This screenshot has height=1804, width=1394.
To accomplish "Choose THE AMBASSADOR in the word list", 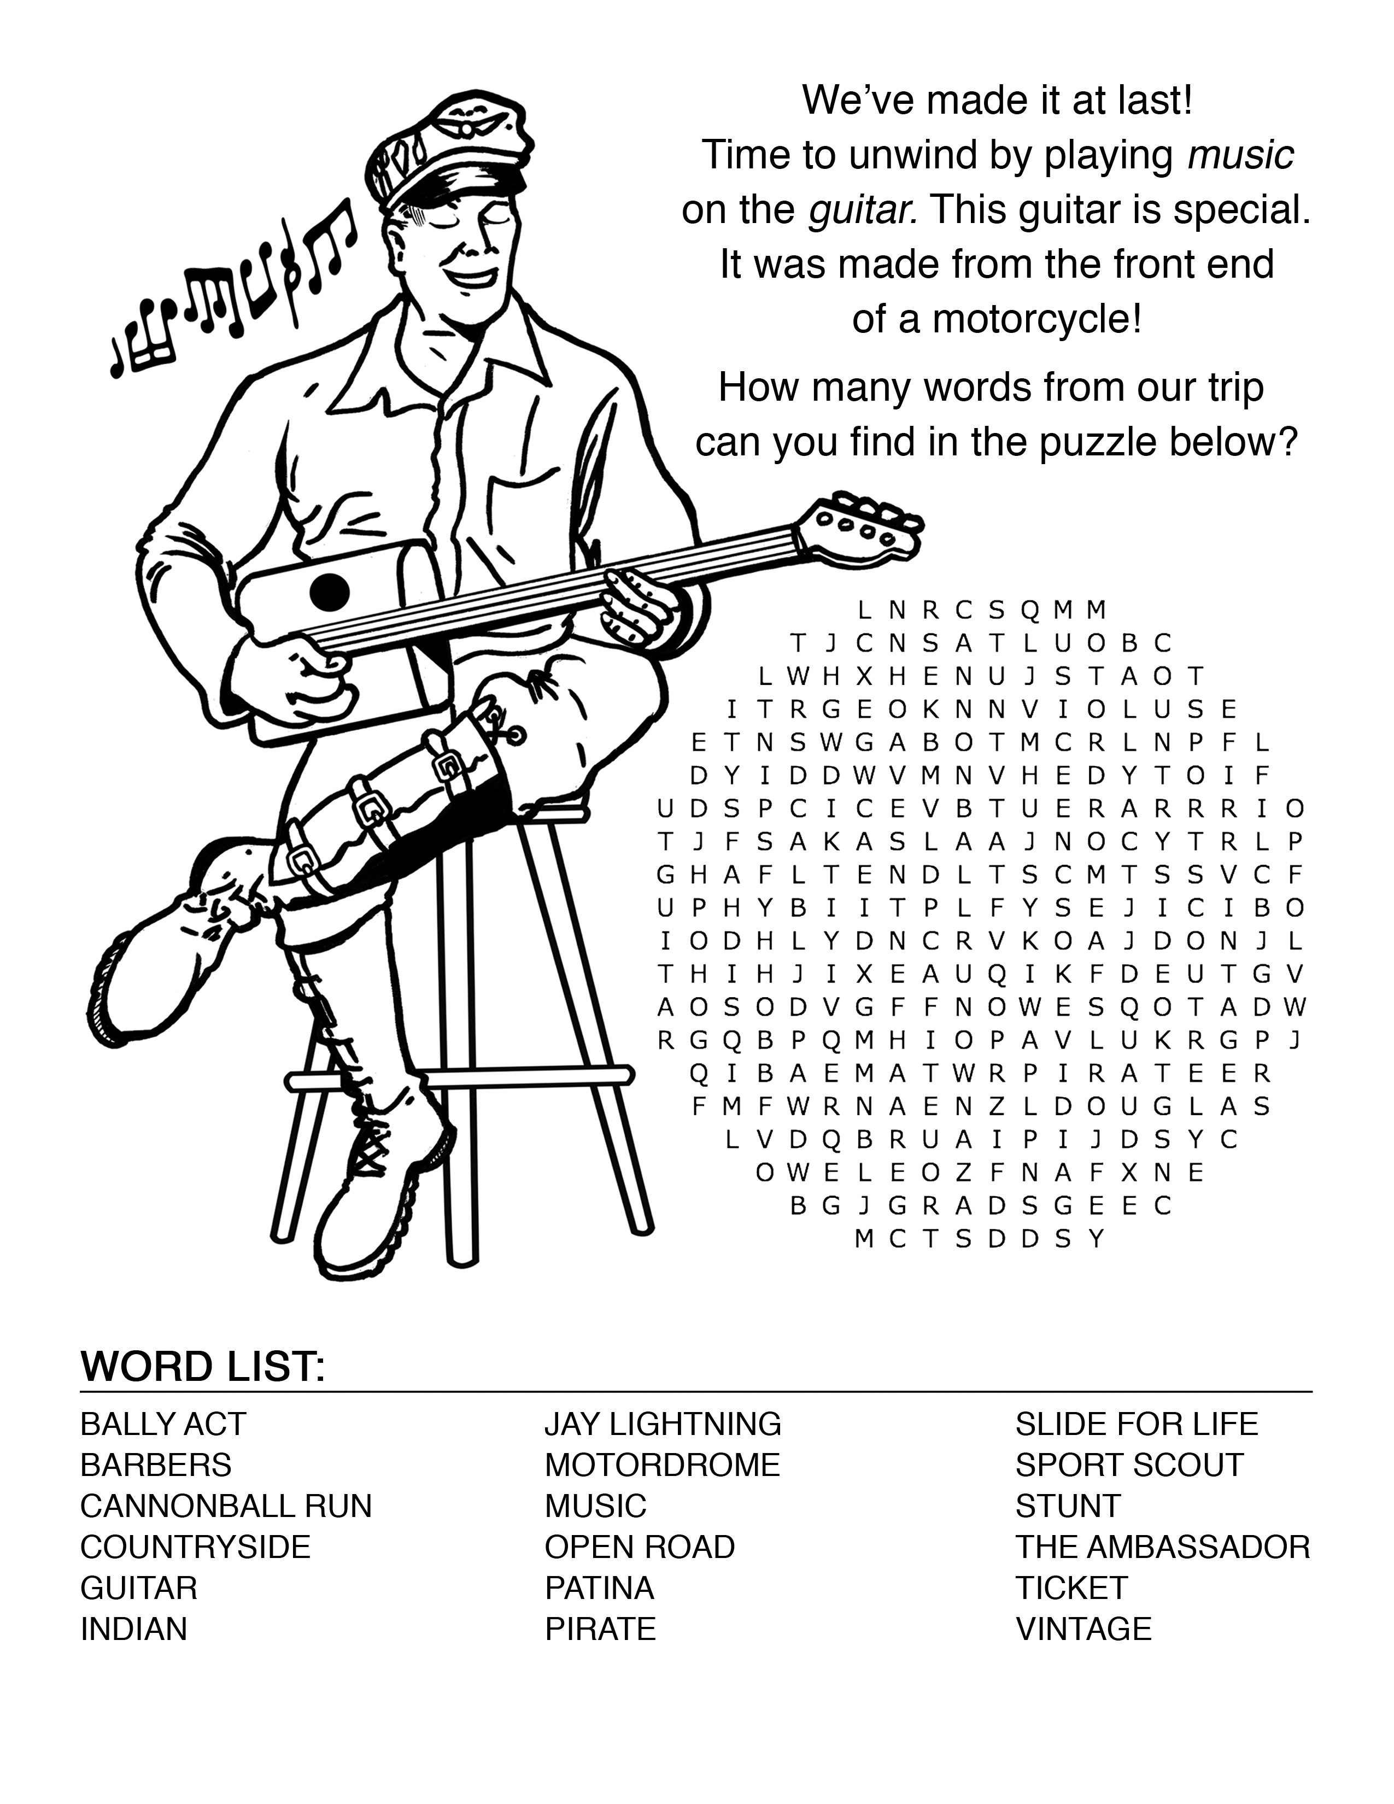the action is pyautogui.click(x=1163, y=1547).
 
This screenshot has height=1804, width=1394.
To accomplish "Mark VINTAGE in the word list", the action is pyautogui.click(x=1083, y=1628).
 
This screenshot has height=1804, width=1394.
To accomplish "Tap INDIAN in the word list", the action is pyautogui.click(x=134, y=1628).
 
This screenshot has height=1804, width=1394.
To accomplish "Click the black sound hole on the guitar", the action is pyautogui.click(x=330, y=590).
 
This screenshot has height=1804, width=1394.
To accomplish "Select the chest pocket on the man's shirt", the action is pyautogui.click(x=517, y=504).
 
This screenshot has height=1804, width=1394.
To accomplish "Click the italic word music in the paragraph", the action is pyautogui.click(x=1240, y=155).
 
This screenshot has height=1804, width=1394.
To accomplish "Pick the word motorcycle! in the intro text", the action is pyautogui.click(x=1037, y=319).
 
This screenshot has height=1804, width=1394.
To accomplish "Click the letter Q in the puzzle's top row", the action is pyautogui.click(x=1029, y=611).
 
